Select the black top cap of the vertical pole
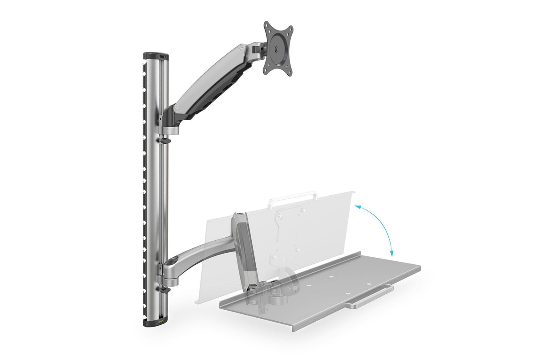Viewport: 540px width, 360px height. pyautogui.click(x=155, y=57)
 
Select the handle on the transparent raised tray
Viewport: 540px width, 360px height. pyautogui.click(x=291, y=196)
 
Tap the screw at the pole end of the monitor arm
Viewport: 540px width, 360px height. pyautogui.click(x=177, y=108)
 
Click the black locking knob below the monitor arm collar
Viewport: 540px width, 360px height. pyautogui.click(x=165, y=141)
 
